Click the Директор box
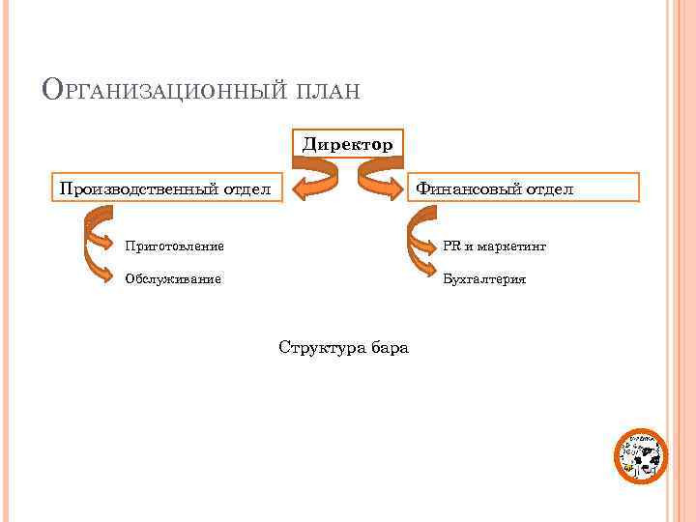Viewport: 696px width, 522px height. [348, 144]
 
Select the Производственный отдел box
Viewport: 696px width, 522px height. [166, 188]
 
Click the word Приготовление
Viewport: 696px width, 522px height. [174, 246]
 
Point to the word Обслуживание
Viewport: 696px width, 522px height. [173, 279]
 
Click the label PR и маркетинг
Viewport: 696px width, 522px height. [494, 246]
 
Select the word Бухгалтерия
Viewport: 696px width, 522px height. [484, 279]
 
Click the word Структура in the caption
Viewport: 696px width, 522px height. [320, 347]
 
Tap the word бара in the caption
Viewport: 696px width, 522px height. [390, 347]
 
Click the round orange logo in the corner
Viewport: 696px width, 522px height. [641, 455]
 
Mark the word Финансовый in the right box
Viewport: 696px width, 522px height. [470, 188]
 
